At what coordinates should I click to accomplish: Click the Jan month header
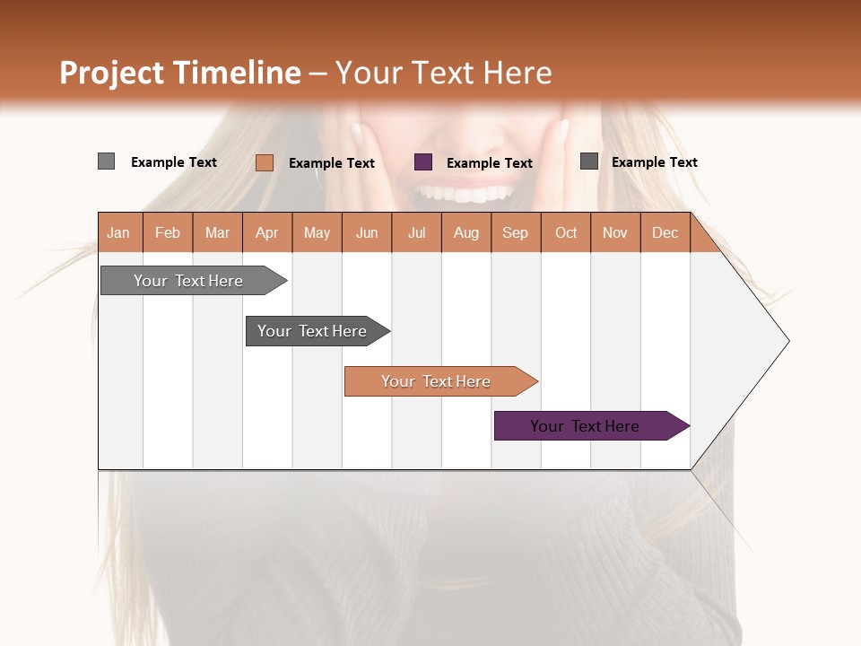119,232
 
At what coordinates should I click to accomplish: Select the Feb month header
168,232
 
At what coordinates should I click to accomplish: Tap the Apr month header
266,232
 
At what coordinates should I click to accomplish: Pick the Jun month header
367,232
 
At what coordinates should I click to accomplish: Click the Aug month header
465,232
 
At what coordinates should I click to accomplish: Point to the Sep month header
515,232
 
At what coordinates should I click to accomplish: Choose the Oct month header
566,232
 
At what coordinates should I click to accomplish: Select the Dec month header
665,232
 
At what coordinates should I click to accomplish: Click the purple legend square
423,162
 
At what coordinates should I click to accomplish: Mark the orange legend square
265,162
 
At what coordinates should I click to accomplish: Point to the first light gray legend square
106,161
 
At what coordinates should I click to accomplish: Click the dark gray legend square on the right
589,161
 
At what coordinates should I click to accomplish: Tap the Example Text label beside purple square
489,163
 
